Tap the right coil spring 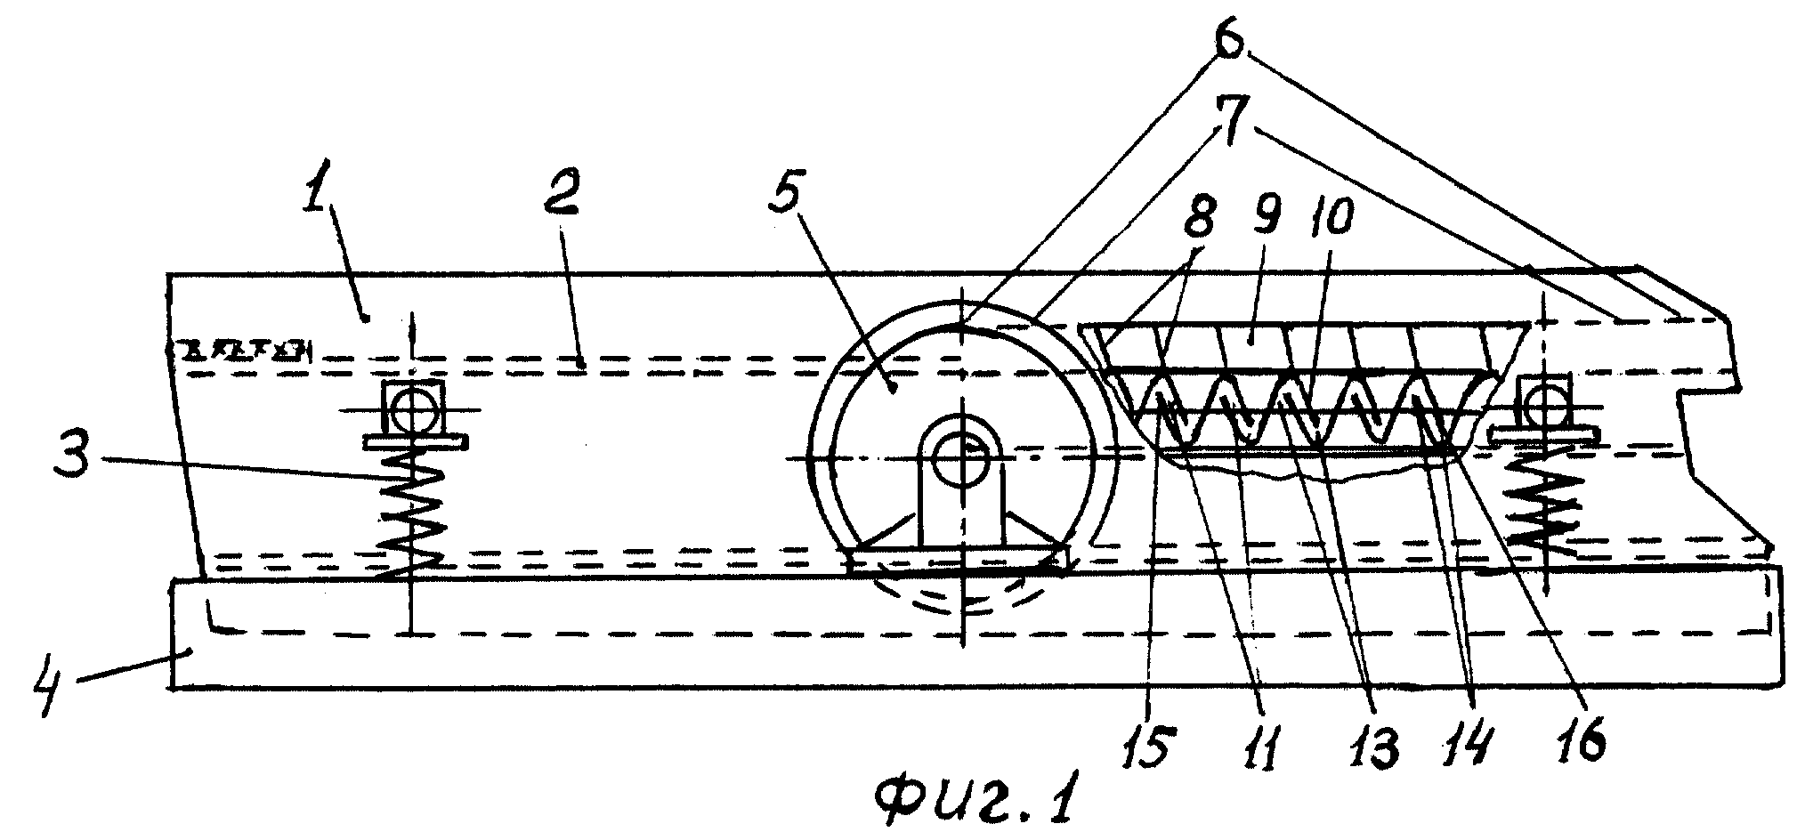[1547, 505]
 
